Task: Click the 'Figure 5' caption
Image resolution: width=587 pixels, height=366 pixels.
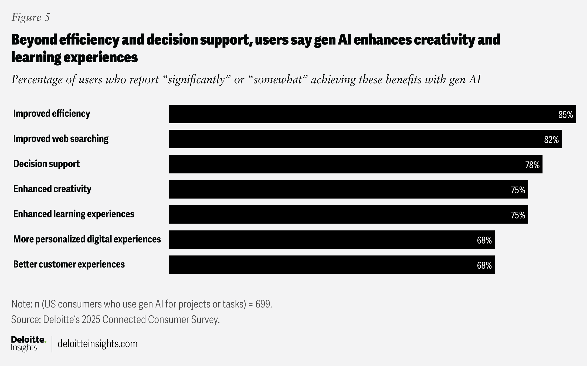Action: pos(31,17)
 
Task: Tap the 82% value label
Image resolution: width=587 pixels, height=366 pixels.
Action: pos(551,140)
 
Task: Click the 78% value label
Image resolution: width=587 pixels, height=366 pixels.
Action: pos(532,165)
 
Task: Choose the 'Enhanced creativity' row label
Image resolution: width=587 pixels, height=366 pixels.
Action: pos(52,189)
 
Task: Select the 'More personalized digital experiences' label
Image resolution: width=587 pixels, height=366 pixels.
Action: pos(87,239)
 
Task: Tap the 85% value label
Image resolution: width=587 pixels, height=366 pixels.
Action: pos(565,115)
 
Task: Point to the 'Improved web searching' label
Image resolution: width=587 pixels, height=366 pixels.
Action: pos(61,139)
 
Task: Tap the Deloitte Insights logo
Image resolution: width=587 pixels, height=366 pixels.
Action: pos(28,344)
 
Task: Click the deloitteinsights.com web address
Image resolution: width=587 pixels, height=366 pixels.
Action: pos(97,344)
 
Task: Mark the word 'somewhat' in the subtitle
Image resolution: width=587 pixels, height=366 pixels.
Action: pos(278,80)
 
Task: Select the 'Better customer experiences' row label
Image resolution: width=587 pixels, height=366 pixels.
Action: pos(69,265)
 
